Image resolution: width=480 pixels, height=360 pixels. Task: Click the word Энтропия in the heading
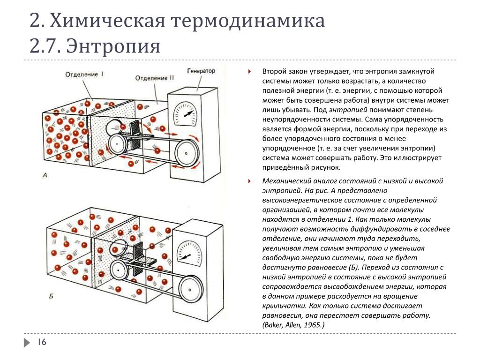113,46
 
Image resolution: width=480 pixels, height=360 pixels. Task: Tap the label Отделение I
84,74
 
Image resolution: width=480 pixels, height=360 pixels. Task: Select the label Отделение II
154,78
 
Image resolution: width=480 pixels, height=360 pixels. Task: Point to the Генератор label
201,71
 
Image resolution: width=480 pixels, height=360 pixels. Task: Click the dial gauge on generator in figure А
185,114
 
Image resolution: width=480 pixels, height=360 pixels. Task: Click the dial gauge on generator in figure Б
190,253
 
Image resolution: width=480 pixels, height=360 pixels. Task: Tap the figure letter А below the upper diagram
45,175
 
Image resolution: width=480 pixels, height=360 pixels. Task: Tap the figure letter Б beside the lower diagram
51,296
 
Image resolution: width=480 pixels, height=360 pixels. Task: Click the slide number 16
42,342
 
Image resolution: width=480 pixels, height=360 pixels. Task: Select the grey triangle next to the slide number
27,342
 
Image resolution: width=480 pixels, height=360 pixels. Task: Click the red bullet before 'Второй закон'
249,72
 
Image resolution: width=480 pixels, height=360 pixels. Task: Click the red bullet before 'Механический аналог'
249,181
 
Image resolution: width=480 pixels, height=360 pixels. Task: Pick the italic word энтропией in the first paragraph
348,110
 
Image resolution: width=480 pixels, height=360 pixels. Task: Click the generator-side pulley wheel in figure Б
191,290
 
